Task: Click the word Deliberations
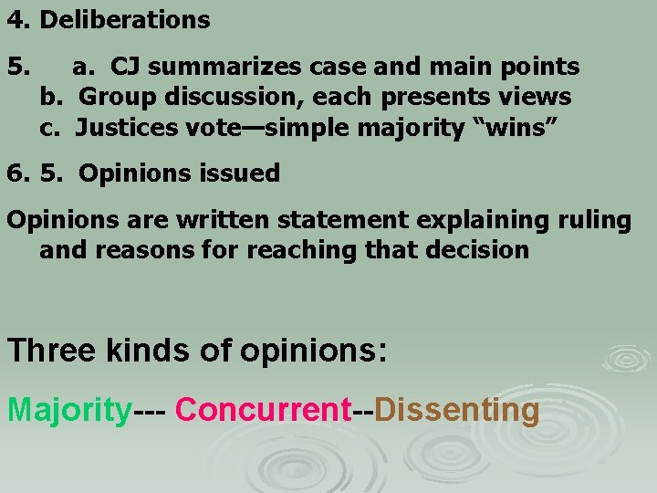click(x=125, y=19)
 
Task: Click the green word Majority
click(x=69, y=410)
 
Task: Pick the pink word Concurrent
click(x=263, y=410)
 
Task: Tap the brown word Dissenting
click(x=456, y=410)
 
